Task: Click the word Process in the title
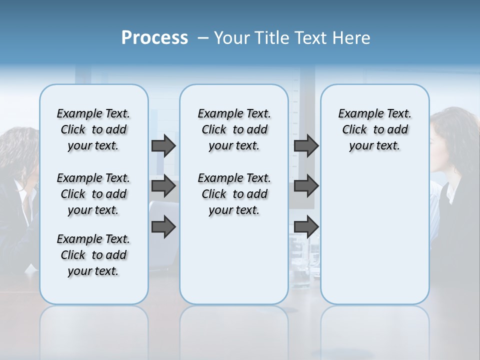[x=154, y=38]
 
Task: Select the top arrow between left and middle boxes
[x=163, y=145]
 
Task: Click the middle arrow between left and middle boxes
[x=163, y=186]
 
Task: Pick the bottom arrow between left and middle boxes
[x=163, y=227]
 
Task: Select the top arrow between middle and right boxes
[x=306, y=145]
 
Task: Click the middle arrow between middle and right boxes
[x=306, y=186]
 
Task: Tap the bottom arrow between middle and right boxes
[x=306, y=227]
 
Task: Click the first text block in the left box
[x=93, y=129]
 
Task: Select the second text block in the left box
[x=93, y=194]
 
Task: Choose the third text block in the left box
[x=93, y=255]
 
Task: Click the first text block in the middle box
[x=234, y=129]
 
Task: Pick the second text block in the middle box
[x=234, y=194]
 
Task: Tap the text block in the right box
[x=375, y=129]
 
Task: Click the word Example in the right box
[x=357, y=113]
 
